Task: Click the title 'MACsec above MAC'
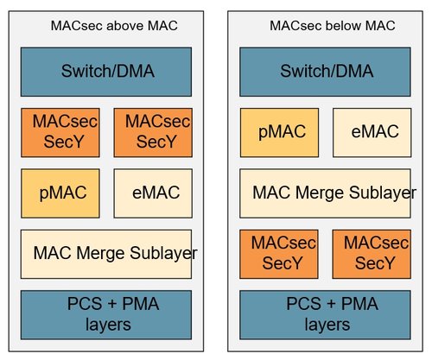click(114, 26)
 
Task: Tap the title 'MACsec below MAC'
click(333, 26)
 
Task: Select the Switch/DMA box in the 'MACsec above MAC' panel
click(106, 72)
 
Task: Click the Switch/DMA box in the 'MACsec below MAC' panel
click(325, 72)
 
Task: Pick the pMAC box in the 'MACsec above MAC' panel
click(60, 193)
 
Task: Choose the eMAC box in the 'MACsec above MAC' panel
click(153, 193)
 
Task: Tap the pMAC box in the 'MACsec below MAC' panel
click(279, 132)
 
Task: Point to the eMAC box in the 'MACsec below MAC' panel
click(372, 132)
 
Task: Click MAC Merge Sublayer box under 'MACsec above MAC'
click(106, 254)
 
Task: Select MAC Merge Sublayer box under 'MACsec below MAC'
click(325, 193)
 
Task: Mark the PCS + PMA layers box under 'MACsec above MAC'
click(106, 315)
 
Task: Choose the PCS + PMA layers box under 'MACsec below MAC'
click(325, 315)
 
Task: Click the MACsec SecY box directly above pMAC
click(60, 132)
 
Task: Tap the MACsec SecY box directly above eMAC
click(153, 132)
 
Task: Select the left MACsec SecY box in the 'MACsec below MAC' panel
click(279, 254)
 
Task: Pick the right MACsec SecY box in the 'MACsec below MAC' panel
click(372, 254)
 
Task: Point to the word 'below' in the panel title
click(344, 26)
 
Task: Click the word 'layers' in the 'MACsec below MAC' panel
click(327, 325)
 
